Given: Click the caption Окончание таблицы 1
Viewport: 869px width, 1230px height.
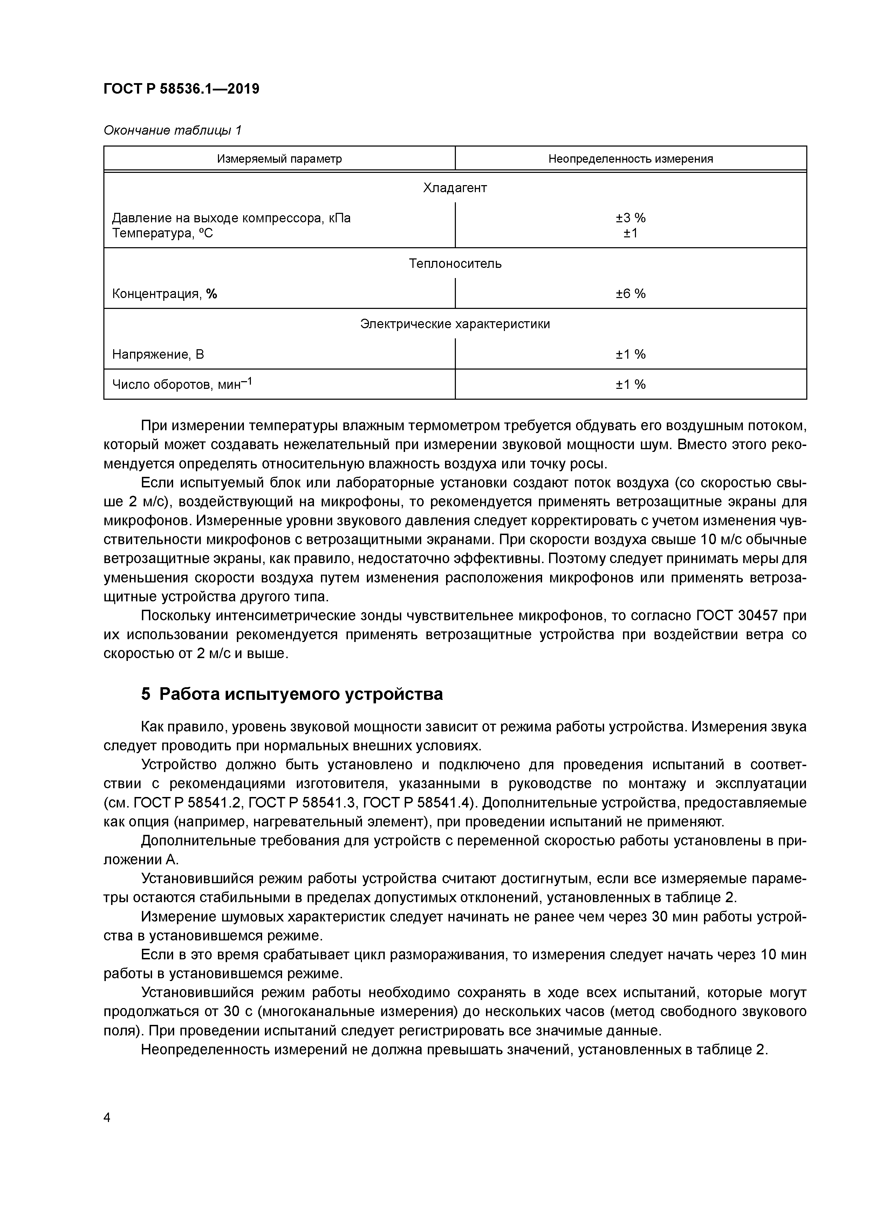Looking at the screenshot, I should tap(172, 130).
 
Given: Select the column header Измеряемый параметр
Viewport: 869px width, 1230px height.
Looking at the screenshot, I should tap(279, 159).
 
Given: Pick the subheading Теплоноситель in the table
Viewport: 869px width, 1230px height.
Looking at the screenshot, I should tap(455, 264).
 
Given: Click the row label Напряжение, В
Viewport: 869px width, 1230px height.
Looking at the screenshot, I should tap(158, 354).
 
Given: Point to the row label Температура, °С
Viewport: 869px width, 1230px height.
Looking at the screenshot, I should tap(162, 234).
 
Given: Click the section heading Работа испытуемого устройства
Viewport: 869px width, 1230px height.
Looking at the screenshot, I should tap(301, 694).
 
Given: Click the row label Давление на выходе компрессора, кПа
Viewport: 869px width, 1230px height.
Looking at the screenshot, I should tap(231, 218).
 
